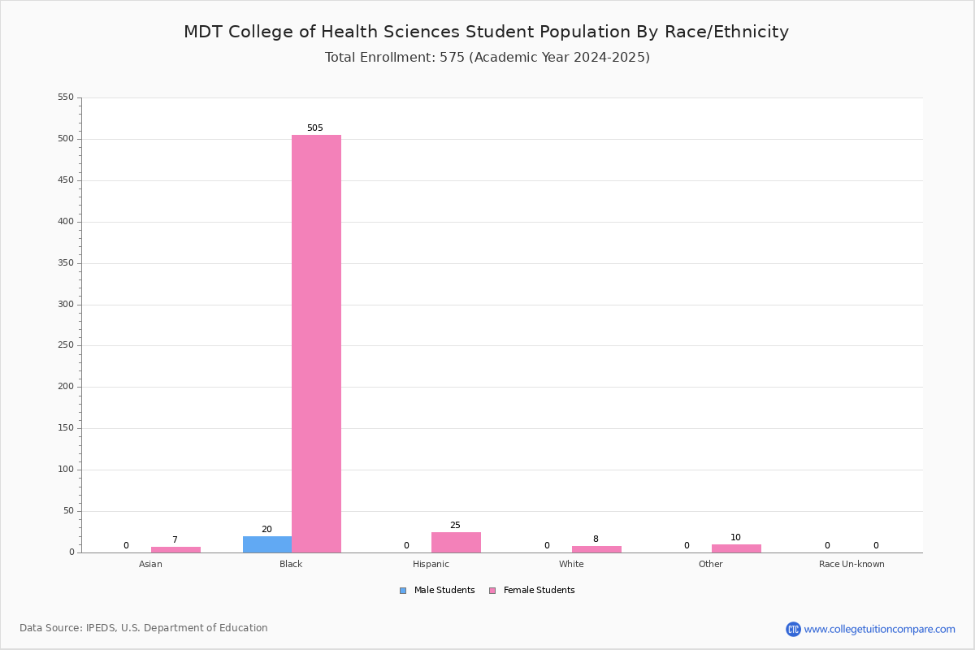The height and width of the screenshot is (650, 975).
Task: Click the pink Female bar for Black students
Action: [316, 344]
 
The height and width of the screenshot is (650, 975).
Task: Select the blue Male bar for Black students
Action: [267, 544]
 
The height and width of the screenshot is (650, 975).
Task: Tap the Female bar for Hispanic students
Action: [456, 543]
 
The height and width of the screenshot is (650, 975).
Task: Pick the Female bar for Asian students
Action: [175, 550]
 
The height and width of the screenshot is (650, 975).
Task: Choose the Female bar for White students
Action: [596, 549]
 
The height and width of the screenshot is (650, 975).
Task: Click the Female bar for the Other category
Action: [736, 548]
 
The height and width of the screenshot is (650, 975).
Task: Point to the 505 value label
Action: [315, 128]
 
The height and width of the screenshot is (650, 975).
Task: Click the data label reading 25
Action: [455, 525]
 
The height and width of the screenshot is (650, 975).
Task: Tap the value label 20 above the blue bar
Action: [266, 529]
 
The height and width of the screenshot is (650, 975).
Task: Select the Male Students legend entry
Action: [437, 590]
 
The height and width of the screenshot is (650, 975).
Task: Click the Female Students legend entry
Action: [532, 590]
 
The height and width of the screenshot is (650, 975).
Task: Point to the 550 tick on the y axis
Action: [66, 97]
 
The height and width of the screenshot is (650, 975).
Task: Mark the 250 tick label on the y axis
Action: [66, 344]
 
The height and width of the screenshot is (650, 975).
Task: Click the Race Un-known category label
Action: [851, 564]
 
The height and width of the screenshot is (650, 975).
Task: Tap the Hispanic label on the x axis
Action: [431, 564]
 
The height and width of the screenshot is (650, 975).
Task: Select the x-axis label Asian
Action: [150, 564]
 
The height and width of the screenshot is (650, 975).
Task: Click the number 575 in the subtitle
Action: [453, 57]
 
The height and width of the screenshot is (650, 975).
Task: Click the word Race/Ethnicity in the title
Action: [726, 32]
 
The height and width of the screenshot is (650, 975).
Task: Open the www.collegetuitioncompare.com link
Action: [879, 629]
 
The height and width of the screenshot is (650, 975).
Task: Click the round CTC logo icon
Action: [793, 629]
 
